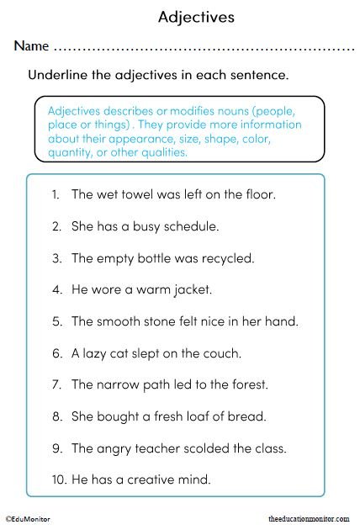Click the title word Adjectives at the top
[x=196, y=17]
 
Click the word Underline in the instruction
[x=58, y=75]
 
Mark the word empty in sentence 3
[x=115, y=258]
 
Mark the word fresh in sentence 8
[x=167, y=416]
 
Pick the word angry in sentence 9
[x=116, y=448]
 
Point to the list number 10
[x=57, y=480]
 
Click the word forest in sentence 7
[x=248, y=385]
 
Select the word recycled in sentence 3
[x=225, y=258]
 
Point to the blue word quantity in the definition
[x=71, y=154]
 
